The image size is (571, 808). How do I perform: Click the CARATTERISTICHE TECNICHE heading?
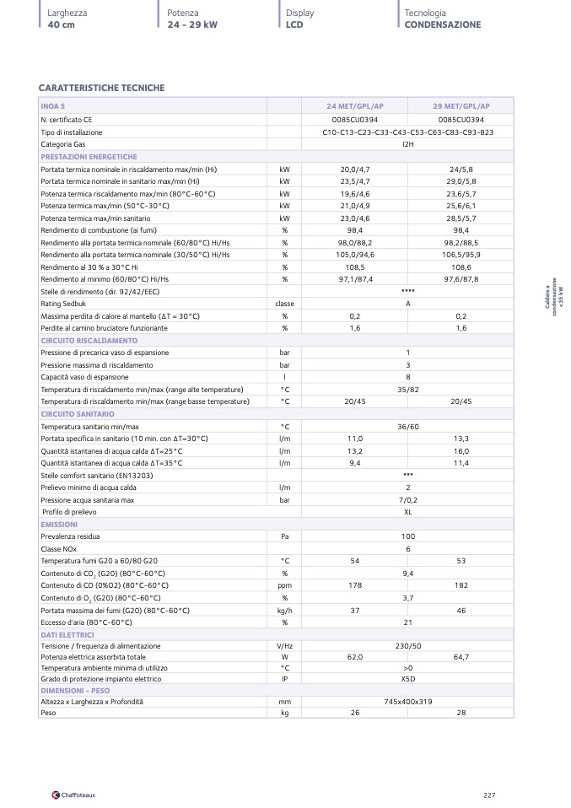point(101,88)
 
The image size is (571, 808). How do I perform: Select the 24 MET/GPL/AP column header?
point(355,106)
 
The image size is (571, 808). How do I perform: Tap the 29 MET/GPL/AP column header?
point(461,106)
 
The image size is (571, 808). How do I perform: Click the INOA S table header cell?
point(53,106)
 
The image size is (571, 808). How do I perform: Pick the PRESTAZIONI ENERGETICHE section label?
point(89,157)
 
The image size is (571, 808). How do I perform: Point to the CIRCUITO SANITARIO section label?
point(78,414)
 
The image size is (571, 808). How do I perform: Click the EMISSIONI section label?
point(59,525)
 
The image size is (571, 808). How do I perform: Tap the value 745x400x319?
point(407,702)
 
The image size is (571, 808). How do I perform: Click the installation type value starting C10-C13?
point(407,132)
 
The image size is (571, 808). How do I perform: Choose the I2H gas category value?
point(407,145)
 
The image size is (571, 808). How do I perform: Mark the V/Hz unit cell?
point(284,646)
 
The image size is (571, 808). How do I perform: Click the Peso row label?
point(49,713)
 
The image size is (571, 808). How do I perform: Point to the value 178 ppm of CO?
point(355,584)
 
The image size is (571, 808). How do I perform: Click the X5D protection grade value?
point(407,678)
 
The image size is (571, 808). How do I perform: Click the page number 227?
point(489,794)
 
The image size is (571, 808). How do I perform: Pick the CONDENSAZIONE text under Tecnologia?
point(442,24)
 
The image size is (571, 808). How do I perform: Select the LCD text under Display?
point(294,24)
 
